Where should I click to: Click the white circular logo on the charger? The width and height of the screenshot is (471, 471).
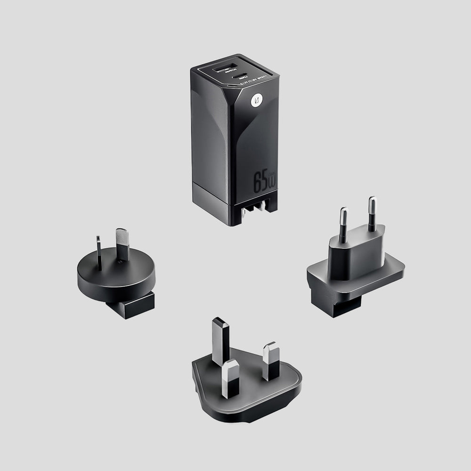click(257, 100)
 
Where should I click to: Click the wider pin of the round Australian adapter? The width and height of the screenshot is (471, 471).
click(122, 244)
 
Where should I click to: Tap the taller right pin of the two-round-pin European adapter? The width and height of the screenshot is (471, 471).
click(372, 213)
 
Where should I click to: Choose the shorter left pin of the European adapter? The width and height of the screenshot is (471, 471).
click(343, 224)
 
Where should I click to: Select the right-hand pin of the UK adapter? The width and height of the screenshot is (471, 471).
click(271, 360)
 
